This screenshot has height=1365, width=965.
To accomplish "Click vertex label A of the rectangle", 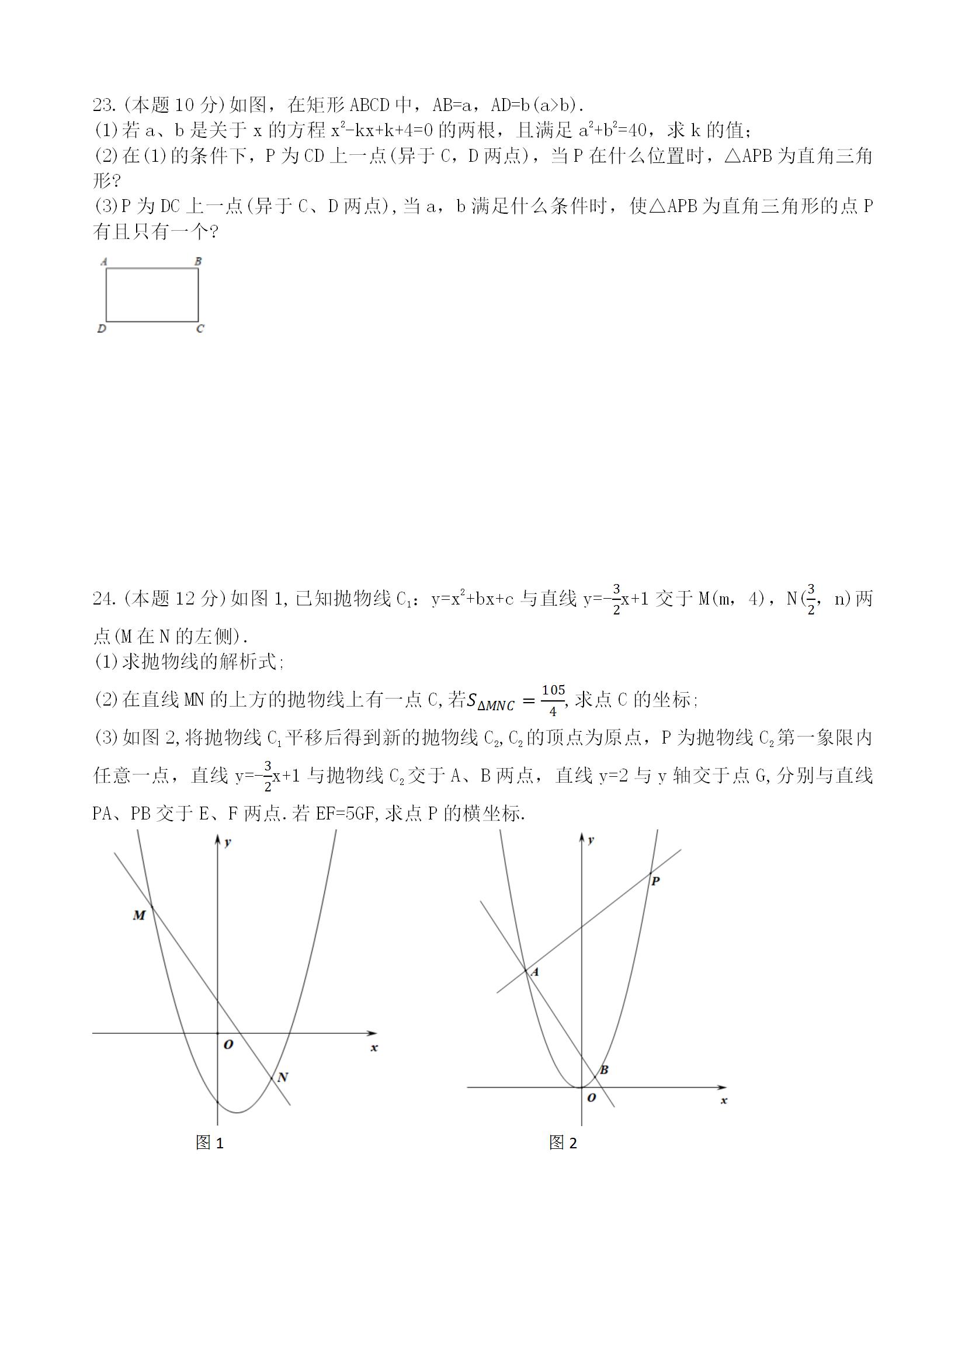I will (104, 261).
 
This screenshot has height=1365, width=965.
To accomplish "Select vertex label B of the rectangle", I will (198, 261).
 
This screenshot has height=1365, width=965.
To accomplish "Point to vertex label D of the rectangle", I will (102, 329).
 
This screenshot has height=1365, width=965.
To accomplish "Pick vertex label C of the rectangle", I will (200, 329).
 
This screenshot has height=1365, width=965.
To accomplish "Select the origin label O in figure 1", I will (228, 1044).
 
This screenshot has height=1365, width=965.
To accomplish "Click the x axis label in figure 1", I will (374, 1047).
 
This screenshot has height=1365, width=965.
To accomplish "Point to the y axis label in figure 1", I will (228, 842).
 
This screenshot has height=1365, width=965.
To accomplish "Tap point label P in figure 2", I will (655, 881).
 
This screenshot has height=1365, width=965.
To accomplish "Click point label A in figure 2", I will (534, 972).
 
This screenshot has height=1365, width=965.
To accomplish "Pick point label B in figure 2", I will (604, 1070).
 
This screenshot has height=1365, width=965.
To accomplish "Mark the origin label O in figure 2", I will (591, 1097).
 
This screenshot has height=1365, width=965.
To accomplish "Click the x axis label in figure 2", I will (724, 1100).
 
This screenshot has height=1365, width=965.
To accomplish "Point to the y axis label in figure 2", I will (591, 839).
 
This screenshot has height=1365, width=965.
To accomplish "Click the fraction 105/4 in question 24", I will (553, 700).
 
